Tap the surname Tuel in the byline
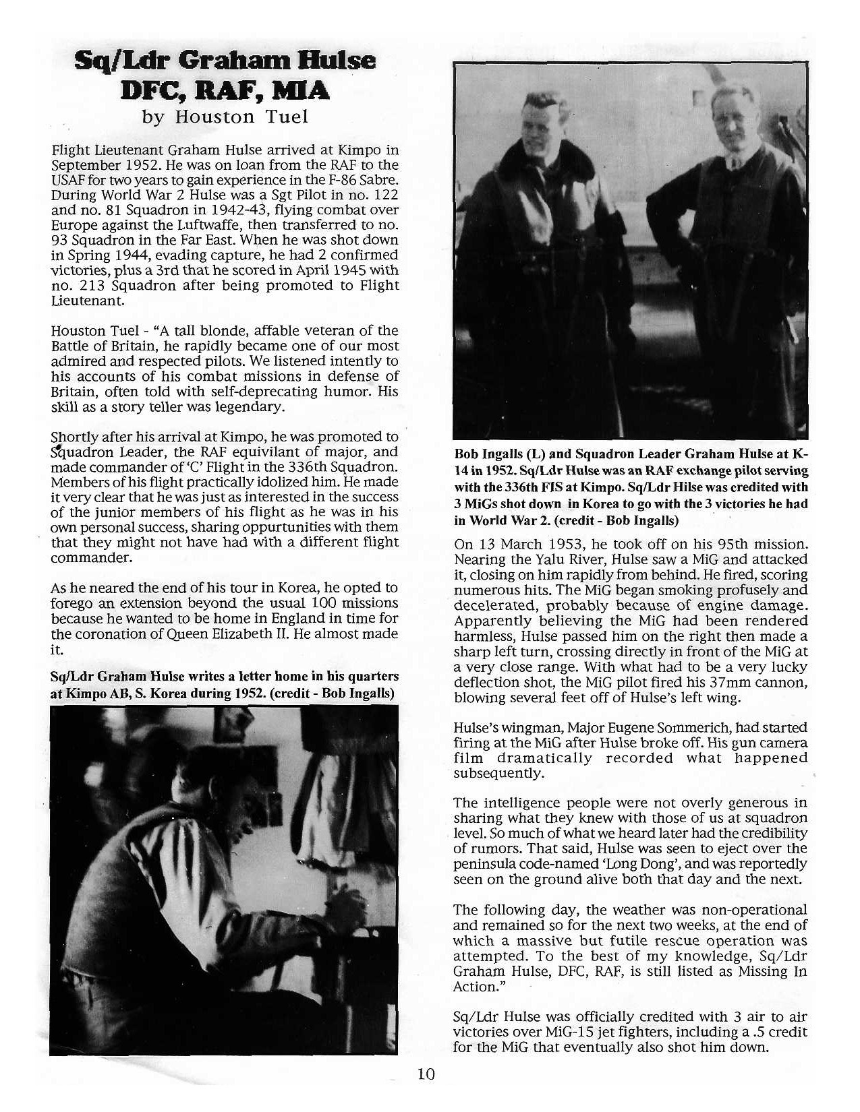pos(286,117)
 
